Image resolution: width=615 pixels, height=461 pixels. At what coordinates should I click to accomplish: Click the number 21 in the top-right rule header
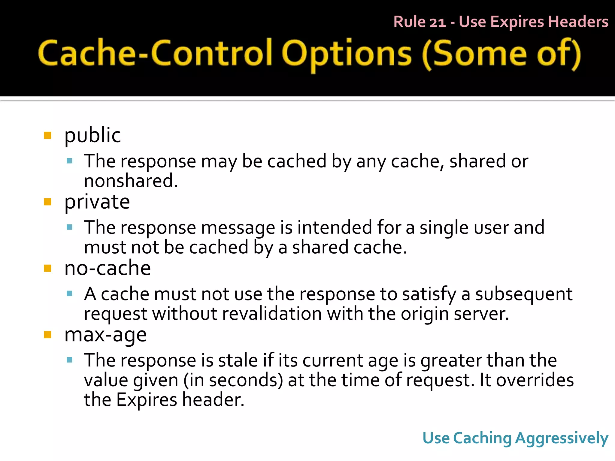coord(438,22)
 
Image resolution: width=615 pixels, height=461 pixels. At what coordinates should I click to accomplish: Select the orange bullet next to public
coord(47,135)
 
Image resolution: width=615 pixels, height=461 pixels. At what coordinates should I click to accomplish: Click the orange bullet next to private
coord(47,202)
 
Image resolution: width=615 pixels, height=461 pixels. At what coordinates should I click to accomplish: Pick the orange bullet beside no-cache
coord(47,268)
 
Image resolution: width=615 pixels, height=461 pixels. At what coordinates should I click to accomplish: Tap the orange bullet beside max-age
coord(47,334)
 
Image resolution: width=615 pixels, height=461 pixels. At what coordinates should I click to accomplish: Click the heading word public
coord(92,135)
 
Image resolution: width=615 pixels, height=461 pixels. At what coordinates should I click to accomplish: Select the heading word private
coord(97,202)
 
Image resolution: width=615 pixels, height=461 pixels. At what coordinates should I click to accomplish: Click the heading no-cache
coord(108,268)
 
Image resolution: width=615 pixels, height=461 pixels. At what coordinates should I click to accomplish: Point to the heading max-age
coord(105,335)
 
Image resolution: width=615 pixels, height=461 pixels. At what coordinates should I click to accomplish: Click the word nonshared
coord(131,181)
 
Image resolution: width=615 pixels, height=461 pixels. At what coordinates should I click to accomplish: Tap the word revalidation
coord(272,314)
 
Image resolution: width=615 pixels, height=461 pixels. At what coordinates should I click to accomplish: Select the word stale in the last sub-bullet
coord(238,360)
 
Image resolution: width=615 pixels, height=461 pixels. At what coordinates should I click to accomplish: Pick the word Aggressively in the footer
coord(562,438)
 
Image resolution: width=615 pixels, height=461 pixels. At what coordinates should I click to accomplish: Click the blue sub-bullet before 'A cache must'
coord(70,294)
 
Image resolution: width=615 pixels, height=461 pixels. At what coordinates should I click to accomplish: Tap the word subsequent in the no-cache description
coord(524,294)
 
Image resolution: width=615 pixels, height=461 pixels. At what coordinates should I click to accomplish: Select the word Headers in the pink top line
coord(578,22)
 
